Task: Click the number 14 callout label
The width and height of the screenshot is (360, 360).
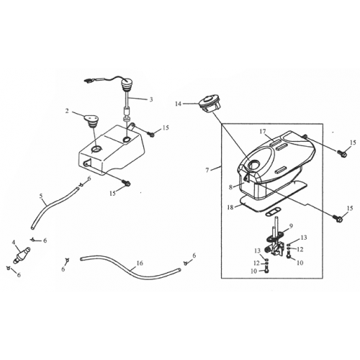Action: [178, 104]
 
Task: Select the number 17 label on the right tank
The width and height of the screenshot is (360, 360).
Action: [263, 132]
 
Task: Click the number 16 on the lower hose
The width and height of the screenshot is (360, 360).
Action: [140, 264]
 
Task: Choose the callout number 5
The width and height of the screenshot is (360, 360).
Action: [41, 196]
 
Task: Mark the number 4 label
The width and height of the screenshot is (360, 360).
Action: [14, 241]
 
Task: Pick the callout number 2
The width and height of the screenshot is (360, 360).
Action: [68, 112]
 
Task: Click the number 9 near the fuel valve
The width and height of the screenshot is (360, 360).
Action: [291, 226]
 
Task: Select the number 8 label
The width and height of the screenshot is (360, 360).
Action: [230, 186]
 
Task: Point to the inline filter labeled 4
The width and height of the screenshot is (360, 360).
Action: [22, 254]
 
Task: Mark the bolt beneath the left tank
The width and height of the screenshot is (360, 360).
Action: [127, 185]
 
